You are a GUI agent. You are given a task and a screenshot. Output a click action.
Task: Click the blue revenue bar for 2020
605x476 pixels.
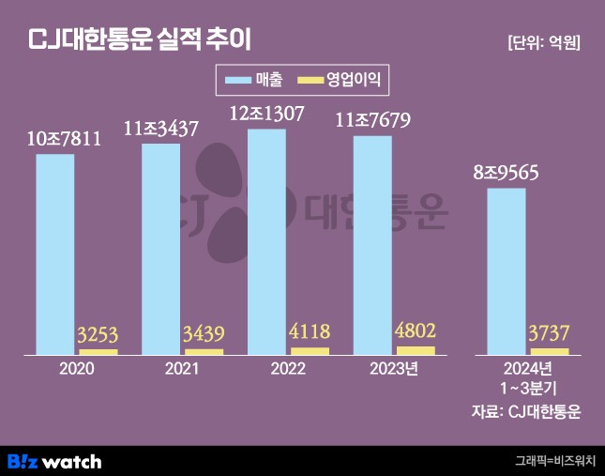(x=55, y=253)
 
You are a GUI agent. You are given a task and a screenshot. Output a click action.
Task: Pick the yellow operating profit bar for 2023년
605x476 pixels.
(x=416, y=350)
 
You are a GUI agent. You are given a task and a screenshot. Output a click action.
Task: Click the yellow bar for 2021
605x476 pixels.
(x=204, y=351)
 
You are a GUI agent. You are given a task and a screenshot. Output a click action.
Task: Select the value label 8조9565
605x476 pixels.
(x=507, y=173)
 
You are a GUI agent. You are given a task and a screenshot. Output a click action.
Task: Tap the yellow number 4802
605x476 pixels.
(x=416, y=331)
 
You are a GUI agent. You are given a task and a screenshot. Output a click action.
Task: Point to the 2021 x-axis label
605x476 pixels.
(x=182, y=370)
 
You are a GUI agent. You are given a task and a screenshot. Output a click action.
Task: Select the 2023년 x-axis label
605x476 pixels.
(x=393, y=370)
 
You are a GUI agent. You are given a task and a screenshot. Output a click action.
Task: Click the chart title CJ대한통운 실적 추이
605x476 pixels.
(x=141, y=40)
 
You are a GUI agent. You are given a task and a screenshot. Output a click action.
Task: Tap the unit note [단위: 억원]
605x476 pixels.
(x=543, y=42)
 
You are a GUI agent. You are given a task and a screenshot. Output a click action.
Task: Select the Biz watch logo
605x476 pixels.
(x=54, y=461)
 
